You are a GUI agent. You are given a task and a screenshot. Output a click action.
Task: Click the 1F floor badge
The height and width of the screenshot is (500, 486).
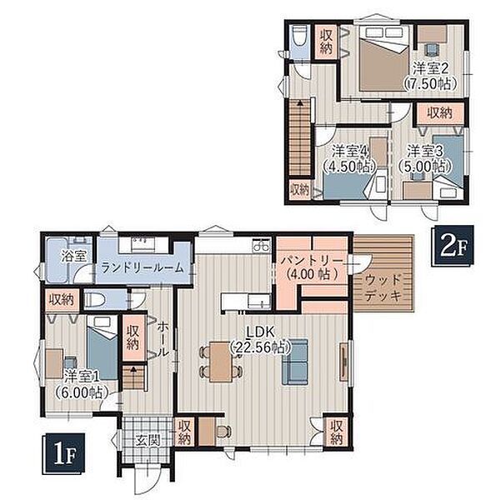tap(64, 454)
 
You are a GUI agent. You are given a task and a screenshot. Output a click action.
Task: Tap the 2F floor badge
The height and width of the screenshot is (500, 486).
tap(453, 246)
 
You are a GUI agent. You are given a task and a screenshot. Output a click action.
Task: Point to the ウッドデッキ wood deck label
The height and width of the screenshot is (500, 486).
tap(383, 288)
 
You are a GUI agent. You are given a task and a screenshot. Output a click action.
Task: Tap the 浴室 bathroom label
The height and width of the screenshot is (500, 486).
tap(74, 256)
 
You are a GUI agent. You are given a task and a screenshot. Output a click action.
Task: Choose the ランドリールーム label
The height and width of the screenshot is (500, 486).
tap(143, 267)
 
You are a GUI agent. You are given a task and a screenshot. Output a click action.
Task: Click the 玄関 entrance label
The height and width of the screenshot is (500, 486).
tap(147, 441)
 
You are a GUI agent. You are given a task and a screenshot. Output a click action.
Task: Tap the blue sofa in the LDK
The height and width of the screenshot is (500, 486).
tap(295, 362)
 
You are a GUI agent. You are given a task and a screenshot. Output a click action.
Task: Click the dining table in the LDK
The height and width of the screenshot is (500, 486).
tap(220, 362)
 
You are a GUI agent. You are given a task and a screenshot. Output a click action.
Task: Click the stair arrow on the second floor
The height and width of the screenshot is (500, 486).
tap(299, 103)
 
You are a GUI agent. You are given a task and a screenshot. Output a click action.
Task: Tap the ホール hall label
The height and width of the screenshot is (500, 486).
tap(163, 339)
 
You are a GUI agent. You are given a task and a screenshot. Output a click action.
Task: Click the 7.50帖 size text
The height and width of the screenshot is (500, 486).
tap(430, 84)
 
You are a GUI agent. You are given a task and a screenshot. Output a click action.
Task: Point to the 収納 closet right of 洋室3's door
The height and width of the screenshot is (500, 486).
tap(440, 112)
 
